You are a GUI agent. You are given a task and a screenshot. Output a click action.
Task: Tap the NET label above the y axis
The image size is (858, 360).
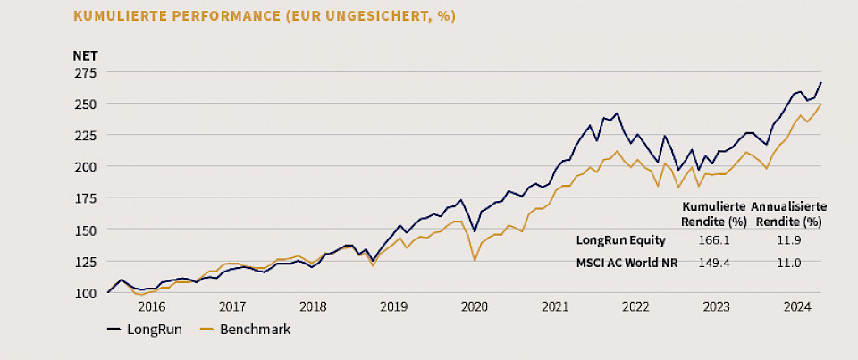85,55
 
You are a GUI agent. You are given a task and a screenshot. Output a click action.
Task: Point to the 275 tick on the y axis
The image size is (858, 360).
86,73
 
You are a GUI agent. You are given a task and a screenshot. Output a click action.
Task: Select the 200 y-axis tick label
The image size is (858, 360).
86,167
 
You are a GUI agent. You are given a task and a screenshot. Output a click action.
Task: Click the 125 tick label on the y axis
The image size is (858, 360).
86,262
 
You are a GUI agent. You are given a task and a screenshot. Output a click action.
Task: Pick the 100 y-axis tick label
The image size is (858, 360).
86,293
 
